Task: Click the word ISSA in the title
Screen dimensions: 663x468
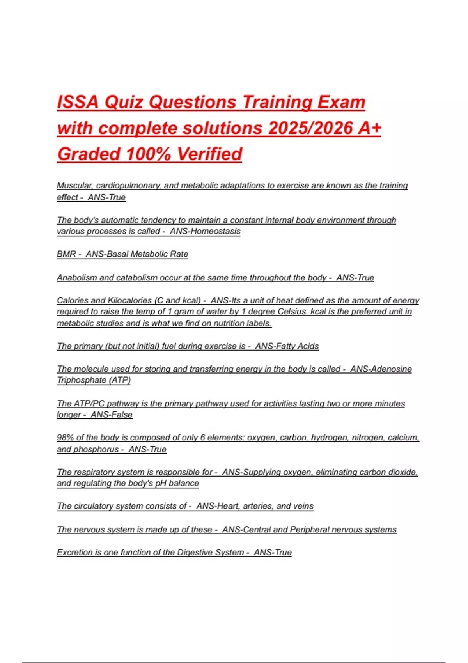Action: tap(78, 102)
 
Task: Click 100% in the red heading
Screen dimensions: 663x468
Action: tap(149, 154)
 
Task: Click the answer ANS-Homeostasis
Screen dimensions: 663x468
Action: tap(205, 231)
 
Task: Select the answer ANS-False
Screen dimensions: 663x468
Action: tap(112, 415)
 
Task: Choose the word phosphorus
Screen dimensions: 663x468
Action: tap(96, 449)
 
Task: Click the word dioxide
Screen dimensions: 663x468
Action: tap(403, 472)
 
